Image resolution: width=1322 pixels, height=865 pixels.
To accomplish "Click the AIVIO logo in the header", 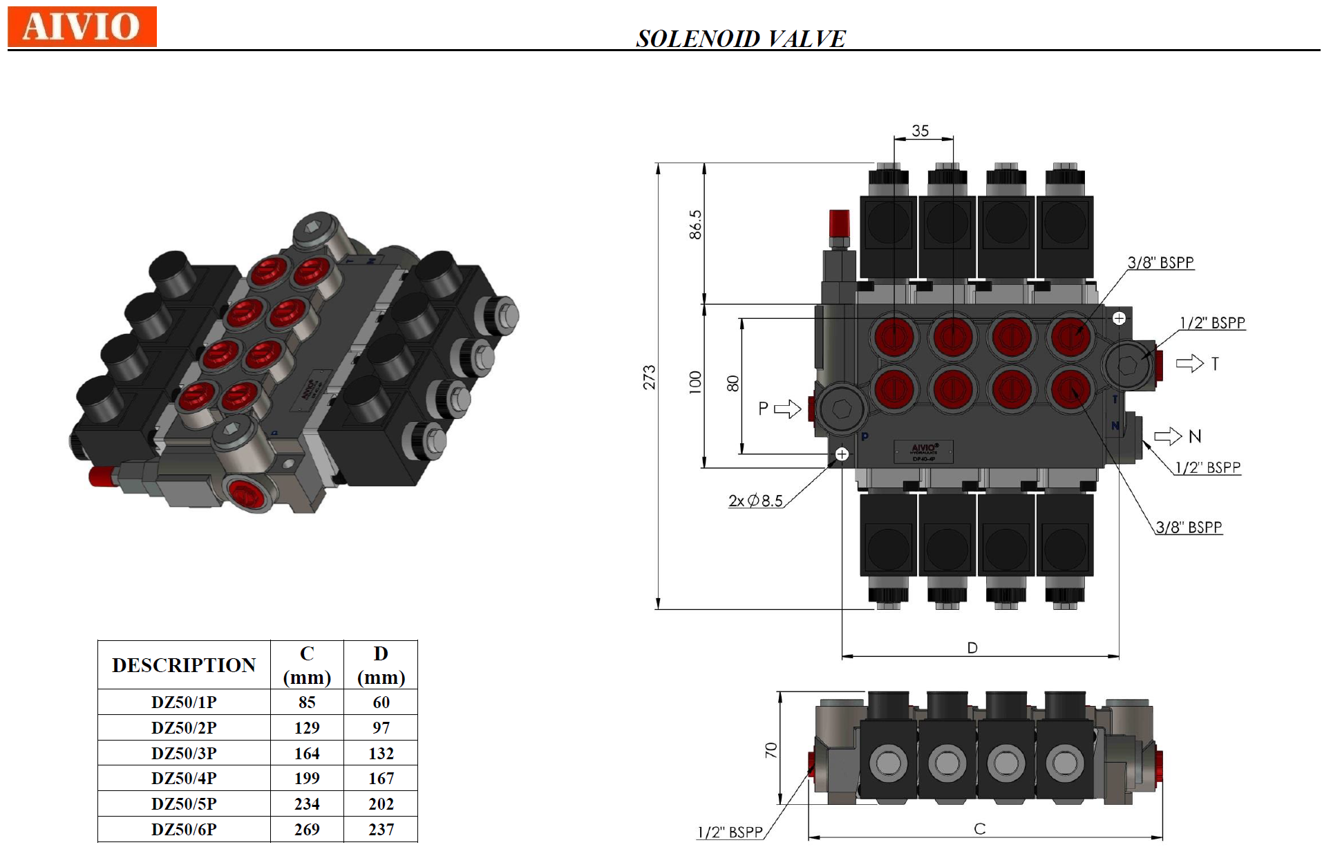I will point(82,26).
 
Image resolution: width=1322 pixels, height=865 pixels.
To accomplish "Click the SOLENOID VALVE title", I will point(740,39).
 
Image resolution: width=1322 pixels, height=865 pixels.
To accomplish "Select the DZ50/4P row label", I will point(184,778).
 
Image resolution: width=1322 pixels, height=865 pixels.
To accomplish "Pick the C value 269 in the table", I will point(307,829).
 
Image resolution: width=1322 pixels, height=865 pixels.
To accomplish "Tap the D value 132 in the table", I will point(381,753).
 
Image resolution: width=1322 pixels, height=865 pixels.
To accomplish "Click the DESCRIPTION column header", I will point(184,664).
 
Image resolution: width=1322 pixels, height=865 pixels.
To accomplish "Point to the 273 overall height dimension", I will point(649,378).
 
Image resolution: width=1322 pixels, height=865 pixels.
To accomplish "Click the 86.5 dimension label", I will point(695,225).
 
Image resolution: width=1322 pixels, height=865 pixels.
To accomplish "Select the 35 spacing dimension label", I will point(920,131).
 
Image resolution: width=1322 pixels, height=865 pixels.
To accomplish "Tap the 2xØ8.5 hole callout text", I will point(755,501).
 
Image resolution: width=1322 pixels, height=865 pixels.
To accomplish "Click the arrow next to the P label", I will point(787,409).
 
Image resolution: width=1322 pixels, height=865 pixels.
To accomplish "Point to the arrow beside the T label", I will point(1189,363).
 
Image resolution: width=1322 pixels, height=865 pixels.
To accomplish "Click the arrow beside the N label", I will point(1168,436).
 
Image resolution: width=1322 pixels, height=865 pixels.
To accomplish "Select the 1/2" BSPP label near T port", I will point(1212,323).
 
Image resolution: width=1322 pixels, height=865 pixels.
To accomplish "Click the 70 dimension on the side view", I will point(771,750).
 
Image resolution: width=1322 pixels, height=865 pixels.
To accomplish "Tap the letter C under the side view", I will point(979,828).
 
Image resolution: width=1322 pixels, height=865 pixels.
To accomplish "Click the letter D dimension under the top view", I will point(972,648).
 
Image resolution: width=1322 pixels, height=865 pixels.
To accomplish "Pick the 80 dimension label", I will point(733,383).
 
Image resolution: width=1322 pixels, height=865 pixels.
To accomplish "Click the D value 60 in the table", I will point(381,702).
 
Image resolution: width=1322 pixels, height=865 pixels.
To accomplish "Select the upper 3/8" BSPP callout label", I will point(1160,263).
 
